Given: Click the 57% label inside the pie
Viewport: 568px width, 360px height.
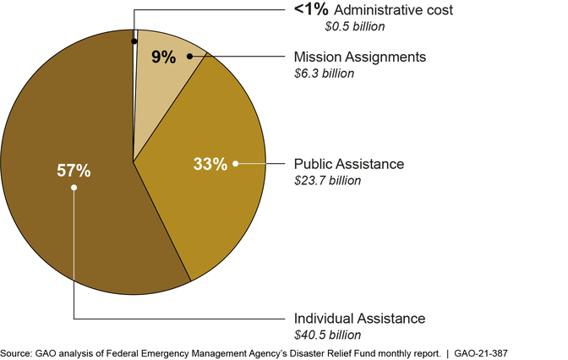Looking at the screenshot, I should [x=74, y=170].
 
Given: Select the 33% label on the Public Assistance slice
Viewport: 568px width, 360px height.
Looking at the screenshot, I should [x=210, y=164].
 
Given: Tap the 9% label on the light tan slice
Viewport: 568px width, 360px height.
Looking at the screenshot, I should [x=164, y=57].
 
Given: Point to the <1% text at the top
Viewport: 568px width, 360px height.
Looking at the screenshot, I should [x=311, y=10].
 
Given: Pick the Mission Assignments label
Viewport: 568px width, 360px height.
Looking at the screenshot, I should [x=360, y=57].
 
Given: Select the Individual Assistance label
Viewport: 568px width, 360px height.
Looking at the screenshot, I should [x=359, y=319].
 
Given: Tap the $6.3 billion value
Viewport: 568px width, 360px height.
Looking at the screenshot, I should [x=324, y=73].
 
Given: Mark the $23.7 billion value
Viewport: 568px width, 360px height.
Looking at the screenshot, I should [x=327, y=179].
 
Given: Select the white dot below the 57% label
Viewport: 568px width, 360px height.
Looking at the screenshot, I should [x=74, y=188].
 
